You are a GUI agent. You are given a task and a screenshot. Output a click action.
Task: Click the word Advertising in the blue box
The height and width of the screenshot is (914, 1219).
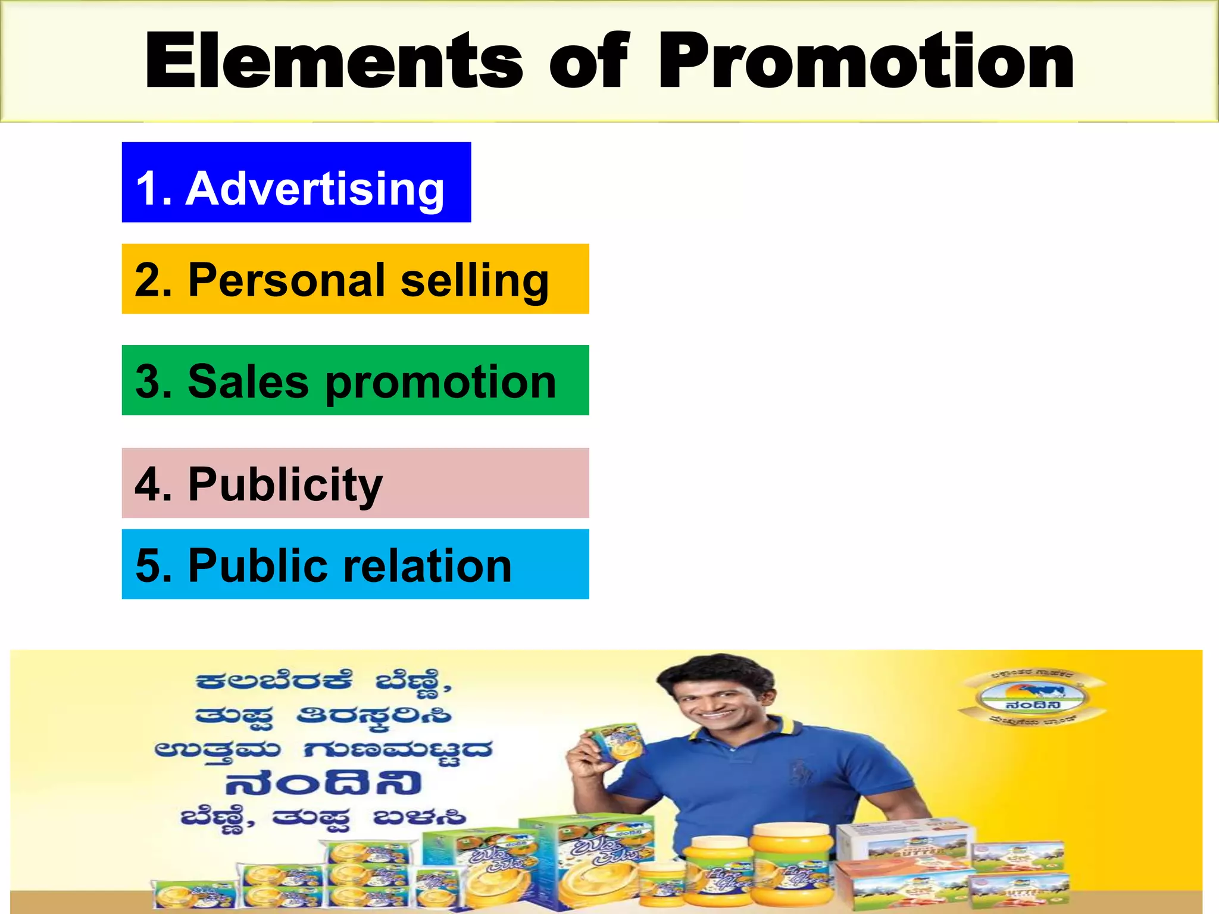(315, 189)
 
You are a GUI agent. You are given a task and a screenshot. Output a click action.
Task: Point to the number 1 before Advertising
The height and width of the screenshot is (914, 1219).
(148, 189)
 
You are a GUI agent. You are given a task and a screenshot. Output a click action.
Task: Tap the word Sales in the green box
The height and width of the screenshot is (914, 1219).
(248, 381)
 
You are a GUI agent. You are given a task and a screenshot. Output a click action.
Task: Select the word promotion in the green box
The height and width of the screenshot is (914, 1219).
(441, 383)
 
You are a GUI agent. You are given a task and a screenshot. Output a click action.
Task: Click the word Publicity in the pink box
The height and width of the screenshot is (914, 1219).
(286, 485)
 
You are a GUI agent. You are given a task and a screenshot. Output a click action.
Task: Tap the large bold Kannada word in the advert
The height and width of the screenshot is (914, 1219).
(324, 783)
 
